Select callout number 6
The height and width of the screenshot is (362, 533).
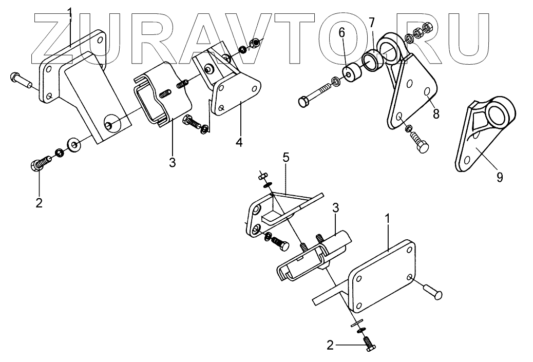340,34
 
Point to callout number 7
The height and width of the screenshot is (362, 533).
372,23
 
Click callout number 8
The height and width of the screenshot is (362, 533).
435,113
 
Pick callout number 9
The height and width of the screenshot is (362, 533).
499,177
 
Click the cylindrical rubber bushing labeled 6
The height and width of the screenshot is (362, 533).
351,75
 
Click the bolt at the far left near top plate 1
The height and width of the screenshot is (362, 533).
21,80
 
